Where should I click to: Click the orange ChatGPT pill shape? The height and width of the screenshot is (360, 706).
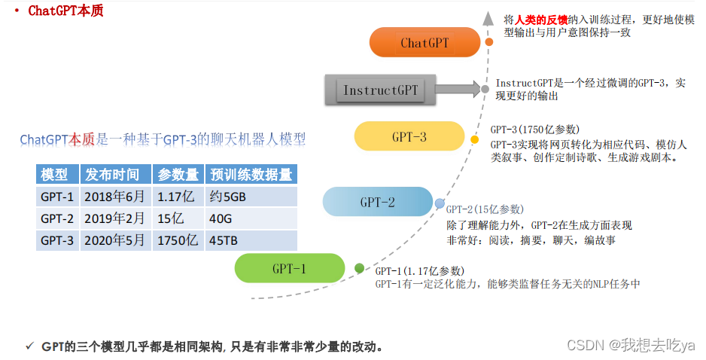coord(425,42)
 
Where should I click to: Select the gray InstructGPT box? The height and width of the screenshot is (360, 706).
coord(380,90)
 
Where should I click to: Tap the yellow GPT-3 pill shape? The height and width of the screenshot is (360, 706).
coord(409,136)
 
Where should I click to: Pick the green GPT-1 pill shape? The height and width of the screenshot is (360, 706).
coord(290,269)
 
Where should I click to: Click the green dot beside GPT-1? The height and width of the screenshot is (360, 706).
coord(359,269)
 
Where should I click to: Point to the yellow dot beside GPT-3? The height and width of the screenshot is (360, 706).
coord(474,139)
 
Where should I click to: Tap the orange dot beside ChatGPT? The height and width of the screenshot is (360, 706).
coord(489,42)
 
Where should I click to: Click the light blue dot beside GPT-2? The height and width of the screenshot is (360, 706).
coord(440,203)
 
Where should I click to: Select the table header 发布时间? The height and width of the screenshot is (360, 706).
coord(112,175)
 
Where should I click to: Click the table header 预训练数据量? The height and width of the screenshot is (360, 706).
coord(251,175)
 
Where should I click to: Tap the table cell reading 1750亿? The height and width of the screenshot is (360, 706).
coord(177,241)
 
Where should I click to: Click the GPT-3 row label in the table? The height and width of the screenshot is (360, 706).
coord(57,241)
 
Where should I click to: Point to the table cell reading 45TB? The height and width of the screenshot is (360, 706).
coord(224,241)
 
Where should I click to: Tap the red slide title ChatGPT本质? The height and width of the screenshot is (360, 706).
coord(65,11)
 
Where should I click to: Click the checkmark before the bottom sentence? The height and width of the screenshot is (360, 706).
coord(29,346)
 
